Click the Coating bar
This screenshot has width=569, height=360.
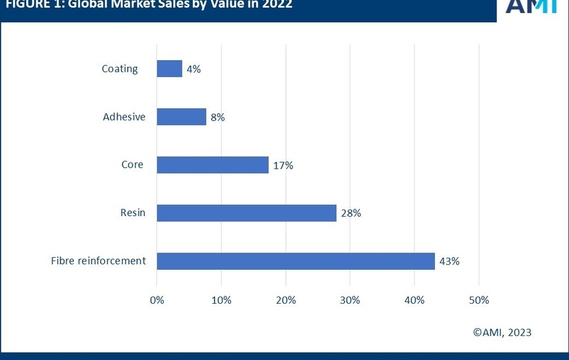click(x=169, y=69)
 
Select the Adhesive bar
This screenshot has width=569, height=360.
click(x=181, y=117)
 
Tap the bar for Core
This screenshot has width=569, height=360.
click(x=213, y=165)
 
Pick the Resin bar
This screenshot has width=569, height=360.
click(x=247, y=213)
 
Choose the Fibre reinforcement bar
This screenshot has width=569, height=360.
click(x=296, y=261)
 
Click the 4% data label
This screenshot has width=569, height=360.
click(x=194, y=69)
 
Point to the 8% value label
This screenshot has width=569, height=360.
click(x=217, y=117)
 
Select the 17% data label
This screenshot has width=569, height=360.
click(x=283, y=166)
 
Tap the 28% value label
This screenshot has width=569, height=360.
click(x=351, y=213)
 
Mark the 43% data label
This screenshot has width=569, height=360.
click(x=449, y=261)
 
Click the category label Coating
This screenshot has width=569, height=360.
click(x=120, y=69)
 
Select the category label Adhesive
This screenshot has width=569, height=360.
click(x=124, y=117)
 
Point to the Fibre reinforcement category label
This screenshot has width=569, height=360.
click(x=98, y=261)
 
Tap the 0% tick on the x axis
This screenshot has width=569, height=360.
click(x=157, y=300)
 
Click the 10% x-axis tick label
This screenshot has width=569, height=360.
click(x=221, y=300)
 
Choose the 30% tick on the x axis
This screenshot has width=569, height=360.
click(x=350, y=300)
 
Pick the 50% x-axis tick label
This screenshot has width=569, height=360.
click(x=479, y=300)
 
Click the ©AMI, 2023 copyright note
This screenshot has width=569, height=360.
click(x=502, y=333)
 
